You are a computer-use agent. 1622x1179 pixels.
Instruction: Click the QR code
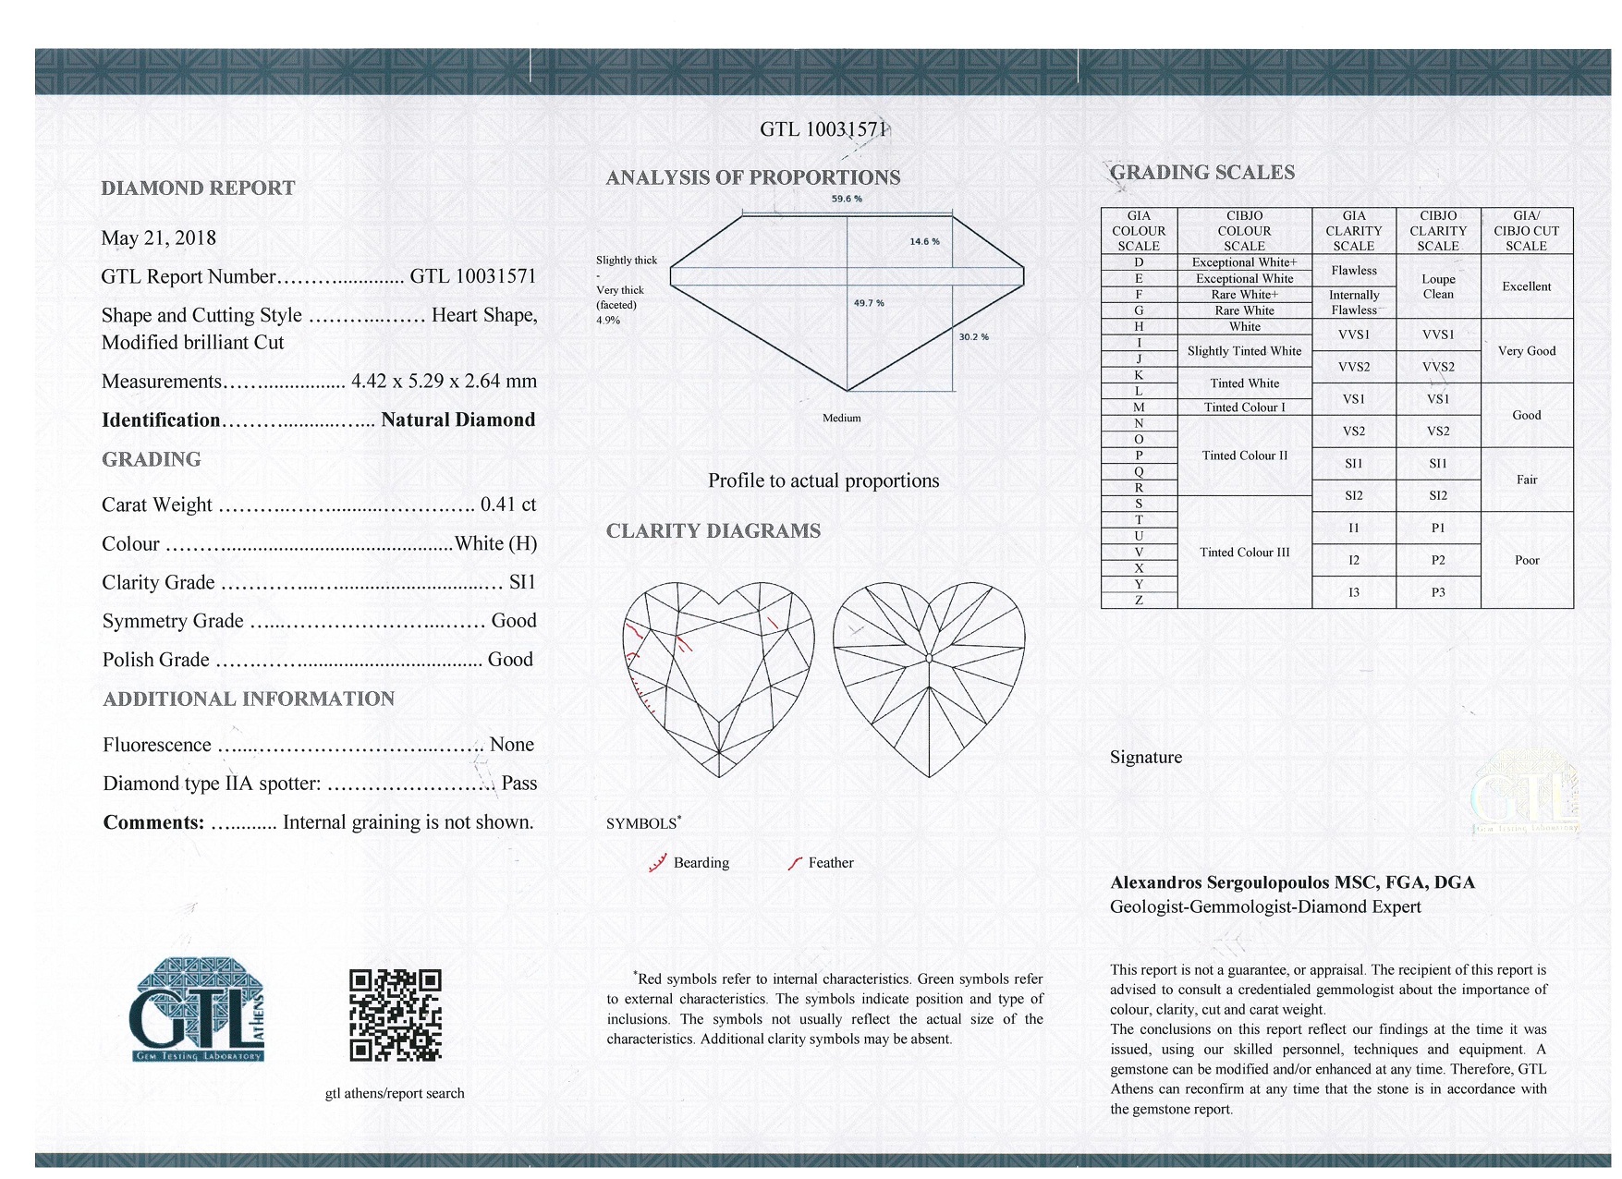click(x=395, y=1015)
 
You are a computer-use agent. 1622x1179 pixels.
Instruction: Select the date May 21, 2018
click(x=158, y=238)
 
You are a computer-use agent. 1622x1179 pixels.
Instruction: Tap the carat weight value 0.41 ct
click(x=508, y=504)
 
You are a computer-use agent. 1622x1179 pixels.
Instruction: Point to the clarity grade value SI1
click(x=522, y=582)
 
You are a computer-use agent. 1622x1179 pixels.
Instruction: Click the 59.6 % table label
click(x=847, y=200)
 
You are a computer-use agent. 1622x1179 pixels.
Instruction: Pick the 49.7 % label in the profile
click(x=869, y=303)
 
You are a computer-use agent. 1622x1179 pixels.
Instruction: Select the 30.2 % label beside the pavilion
click(x=973, y=337)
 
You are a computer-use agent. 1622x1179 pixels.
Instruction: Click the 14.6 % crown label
click(x=924, y=242)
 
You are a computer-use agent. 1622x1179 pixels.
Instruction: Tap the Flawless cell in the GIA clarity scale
click(x=1353, y=271)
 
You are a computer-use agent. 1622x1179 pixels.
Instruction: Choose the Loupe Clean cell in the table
click(x=1438, y=286)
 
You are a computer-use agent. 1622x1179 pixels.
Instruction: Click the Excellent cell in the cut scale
click(x=1526, y=286)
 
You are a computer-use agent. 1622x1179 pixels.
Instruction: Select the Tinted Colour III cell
click(x=1244, y=553)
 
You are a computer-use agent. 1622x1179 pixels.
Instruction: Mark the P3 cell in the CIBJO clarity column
click(x=1438, y=592)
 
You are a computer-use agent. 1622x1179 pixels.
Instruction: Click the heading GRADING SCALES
click(x=1201, y=173)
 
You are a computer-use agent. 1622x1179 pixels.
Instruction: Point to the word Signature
click(x=1146, y=758)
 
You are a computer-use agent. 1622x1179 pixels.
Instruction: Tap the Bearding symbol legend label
click(x=701, y=863)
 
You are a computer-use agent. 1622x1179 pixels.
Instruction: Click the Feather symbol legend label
click(x=830, y=863)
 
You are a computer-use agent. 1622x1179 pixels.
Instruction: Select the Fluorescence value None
click(x=512, y=745)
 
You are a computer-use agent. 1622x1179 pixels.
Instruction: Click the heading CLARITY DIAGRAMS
click(x=713, y=531)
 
